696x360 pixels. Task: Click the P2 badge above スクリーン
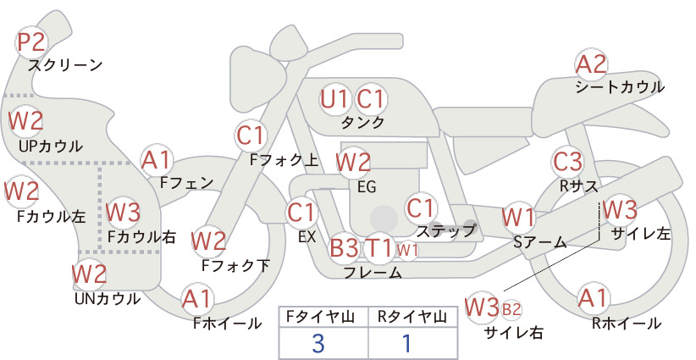coord(31,42)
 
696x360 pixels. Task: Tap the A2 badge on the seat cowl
coord(591,64)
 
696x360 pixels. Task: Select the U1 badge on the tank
coord(335,99)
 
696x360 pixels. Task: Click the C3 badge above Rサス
coord(567,162)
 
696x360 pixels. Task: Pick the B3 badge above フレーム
coord(345,247)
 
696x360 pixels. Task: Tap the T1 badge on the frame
coord(378,247)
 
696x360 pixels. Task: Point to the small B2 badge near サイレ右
coord(511,309)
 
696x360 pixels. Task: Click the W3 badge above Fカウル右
coord(123,212)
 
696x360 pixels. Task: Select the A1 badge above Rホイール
coord(593,298)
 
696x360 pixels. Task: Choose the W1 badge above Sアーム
coord(518,218)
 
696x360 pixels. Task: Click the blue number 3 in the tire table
coord(318,343)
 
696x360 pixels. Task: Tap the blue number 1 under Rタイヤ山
coord(406,343)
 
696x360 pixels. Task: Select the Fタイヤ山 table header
coord(320,317)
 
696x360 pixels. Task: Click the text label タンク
coord(362,123)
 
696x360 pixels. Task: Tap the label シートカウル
coord(620,87)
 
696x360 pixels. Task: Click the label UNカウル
coord(108,299)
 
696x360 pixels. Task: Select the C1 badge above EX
coord(302,213)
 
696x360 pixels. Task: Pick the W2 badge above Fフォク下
coord(208,241)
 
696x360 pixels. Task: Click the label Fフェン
coord(187,182)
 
